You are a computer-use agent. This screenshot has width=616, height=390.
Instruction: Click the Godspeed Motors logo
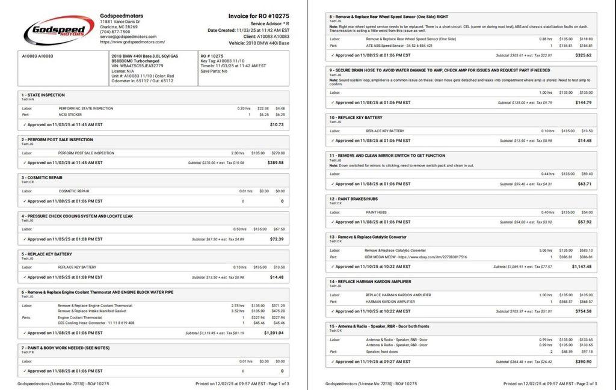(x=58, y=29)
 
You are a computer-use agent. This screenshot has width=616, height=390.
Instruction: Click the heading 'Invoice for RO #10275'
(x=259, y=16)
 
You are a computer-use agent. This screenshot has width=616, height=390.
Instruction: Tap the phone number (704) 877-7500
(x=115, y=32)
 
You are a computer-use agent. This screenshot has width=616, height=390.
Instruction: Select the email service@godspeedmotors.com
(x=128, y=37)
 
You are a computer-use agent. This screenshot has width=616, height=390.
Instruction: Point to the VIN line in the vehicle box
(x=137, y=66)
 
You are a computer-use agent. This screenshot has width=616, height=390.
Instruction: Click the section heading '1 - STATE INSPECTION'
(x=43, y=95)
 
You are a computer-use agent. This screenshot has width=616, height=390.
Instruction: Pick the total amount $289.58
(x=276, y=162)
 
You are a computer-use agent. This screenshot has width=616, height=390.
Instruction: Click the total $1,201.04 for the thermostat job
(x=273, y=332)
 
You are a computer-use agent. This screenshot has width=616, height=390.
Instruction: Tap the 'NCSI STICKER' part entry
(x=70, y=114)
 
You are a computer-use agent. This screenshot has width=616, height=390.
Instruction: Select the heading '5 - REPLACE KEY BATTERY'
(x=47, y=254)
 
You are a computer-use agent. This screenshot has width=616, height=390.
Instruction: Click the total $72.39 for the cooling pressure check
(x=277, y=239)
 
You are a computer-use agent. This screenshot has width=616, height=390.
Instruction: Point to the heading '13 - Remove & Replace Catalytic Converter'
(x=368, y=237)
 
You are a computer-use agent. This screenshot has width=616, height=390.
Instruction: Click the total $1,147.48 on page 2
(x=581, y=266)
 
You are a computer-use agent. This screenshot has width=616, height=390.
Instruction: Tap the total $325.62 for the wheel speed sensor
(x=583, y=55)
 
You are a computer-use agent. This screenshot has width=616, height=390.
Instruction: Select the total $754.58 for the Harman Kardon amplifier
(x=584, y=311)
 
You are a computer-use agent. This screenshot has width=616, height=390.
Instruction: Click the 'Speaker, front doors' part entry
(x=382, y=352)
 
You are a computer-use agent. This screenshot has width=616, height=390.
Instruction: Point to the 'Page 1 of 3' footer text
(x=276, y=383)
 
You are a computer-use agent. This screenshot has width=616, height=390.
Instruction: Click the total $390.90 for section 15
(x=584, y=362)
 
